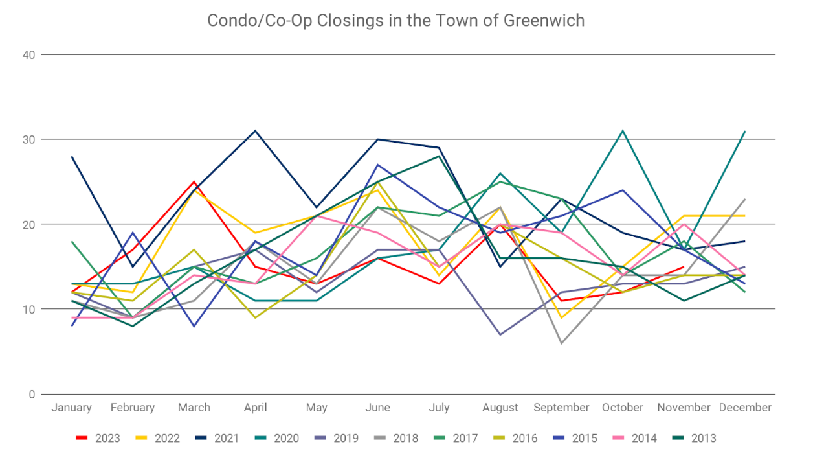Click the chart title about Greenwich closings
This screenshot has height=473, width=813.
point(395,21)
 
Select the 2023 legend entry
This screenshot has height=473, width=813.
point(98,438)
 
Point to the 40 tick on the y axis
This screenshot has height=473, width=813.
point(28,54)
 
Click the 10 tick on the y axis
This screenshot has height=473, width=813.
point(28,309)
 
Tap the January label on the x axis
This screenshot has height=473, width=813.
point(71,408)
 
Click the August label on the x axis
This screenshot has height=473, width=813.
point(500,408)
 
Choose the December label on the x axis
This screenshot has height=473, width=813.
point(745,408)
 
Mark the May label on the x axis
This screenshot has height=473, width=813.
point(317,408)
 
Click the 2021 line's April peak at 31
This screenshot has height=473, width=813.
point(256,131)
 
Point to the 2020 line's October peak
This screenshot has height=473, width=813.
point(623,131)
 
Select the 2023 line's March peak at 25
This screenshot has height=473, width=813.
point(194,181)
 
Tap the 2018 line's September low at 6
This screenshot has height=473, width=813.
point(561,343)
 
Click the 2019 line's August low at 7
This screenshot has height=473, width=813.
point(500,334)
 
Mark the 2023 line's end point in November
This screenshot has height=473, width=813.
point(684,266)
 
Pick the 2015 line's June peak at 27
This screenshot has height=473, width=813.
point(378,165)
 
